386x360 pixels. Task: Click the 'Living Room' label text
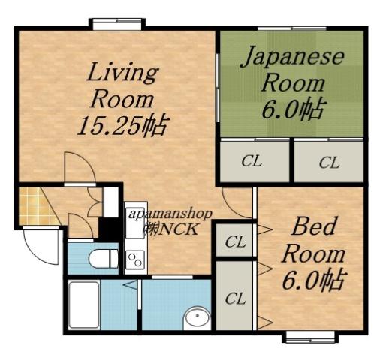pos(122,85)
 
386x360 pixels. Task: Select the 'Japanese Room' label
pos(292,70)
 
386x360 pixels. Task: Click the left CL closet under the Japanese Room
pos(255,162)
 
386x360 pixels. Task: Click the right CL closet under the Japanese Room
pos(328,162)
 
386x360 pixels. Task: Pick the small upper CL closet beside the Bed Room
pos(236,242)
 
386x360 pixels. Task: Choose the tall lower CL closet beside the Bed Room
pos(236,298)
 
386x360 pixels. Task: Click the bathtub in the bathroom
pos(93,304)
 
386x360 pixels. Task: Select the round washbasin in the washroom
pos(198,318)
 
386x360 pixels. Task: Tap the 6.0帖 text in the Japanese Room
pos(293,109)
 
